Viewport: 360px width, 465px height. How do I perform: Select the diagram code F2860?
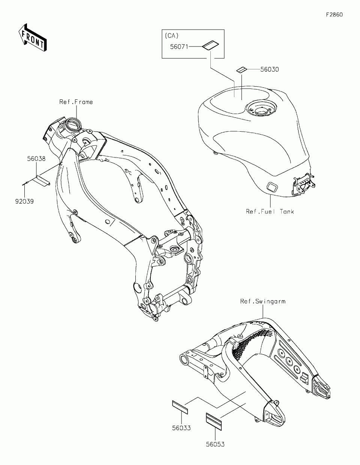pos(334,15)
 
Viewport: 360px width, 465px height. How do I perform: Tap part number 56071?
pos(179,46)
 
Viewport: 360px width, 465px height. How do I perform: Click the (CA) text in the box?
pos(171,36)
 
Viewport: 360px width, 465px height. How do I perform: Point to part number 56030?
pos(270,69)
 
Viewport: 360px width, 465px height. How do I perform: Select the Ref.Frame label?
pos(76,102)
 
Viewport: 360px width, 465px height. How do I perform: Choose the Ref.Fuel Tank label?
pos(270,211)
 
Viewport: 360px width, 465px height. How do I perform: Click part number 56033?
pos(181,428)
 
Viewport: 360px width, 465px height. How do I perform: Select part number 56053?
pos(215,444)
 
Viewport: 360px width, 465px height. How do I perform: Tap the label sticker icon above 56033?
pos(180,406)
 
